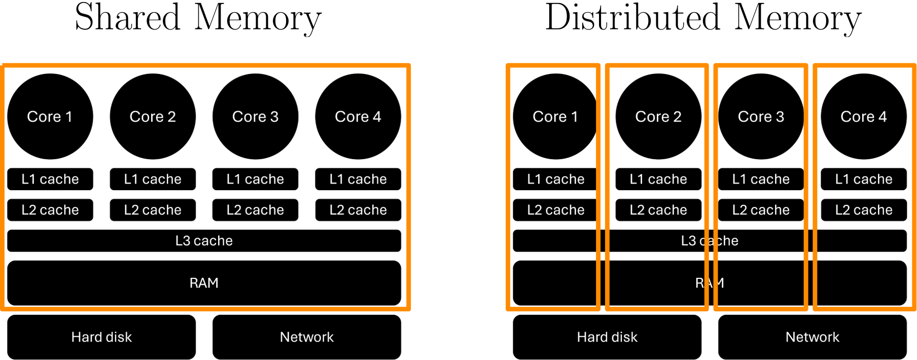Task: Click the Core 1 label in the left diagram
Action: pos(50,117)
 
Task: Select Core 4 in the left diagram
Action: pos(358,117)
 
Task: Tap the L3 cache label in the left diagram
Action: pos(204,240)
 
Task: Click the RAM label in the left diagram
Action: pos(204,283)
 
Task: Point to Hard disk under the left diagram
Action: pos(101,337)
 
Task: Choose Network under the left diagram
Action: pos(307,337)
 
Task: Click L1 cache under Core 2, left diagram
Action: pos(153,179)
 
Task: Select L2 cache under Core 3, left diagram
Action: pos(255,210)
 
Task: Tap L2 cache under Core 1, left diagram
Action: pos(50,210)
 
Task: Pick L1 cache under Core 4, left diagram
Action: pos(358,179)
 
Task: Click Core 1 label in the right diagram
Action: pos(555,117)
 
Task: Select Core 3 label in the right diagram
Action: pos(761,117)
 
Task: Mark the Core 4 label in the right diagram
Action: pos(864,117)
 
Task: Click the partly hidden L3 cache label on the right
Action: pos(710,240)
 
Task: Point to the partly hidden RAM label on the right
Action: pos(710,283)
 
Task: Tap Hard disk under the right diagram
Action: pos(607,337)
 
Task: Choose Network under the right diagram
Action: pos(813,337)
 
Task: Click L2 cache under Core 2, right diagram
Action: pos(658,210)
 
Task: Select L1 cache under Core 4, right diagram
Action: pos(864,179)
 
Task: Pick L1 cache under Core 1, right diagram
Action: pos(556,179)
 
